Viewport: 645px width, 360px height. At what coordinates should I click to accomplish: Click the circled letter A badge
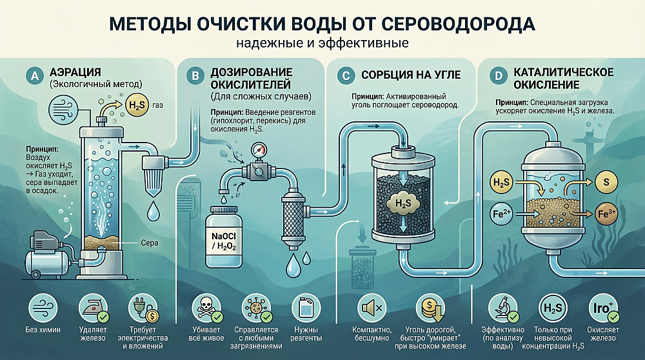tap(35, 75)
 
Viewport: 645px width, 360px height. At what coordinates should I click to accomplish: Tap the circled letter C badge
tap(346, 75)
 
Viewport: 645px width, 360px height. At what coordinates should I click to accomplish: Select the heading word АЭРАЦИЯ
tap(75, 72)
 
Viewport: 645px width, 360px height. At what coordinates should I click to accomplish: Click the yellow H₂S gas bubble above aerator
tap(137, 105)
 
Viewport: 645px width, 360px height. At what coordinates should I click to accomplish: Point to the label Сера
tap(150, 243)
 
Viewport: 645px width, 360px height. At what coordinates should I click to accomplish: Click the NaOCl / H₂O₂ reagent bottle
tap(223, 236)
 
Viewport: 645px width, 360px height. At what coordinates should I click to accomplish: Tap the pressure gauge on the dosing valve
tap(259, 149)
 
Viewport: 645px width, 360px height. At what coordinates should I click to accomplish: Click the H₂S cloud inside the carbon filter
tap(403, 203)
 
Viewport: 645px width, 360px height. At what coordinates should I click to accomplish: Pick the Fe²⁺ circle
tap(501, 214)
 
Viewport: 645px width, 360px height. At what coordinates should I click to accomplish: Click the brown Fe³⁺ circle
tap(606, 214)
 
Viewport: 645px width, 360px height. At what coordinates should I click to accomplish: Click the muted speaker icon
tap(372, 308)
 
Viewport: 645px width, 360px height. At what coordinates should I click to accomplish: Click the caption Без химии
tap(43, 330)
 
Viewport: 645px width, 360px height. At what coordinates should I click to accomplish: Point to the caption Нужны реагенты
tap(306, 334)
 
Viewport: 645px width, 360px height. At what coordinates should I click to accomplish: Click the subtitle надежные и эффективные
tap(322, 43)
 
